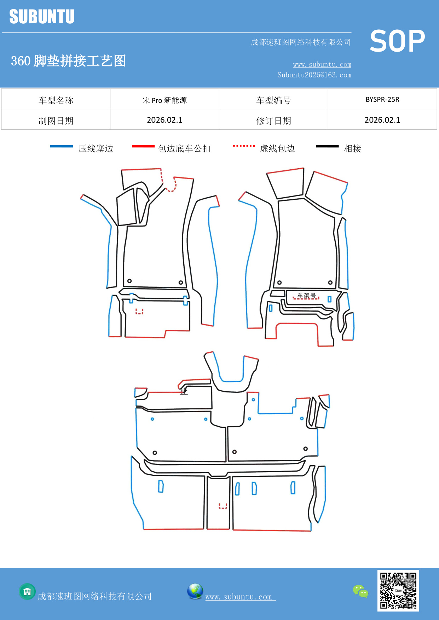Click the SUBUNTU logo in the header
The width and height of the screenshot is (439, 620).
click(x=42, y=17)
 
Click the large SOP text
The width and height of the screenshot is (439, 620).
click(x=397, y=41)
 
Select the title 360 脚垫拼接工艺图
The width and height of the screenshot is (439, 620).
click(x=68, y=61)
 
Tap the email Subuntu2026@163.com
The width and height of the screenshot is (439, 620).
click(x=314, y=75)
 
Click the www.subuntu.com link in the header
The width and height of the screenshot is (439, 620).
click(x=322, y=64)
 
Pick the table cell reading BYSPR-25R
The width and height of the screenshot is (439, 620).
click(x=382, y=99)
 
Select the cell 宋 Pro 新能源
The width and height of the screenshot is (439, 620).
click(x=164, y=100)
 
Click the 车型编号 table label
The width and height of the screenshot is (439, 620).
click(x=273, y=100)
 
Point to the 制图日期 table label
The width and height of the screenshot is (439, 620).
click(x=56, y=121)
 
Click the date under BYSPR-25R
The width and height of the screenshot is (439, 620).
click(x=382, y=120)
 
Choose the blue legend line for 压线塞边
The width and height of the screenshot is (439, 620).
click(x=62, y=146)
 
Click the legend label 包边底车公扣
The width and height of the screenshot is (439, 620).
click(x=184, y=148)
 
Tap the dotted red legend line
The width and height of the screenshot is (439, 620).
click(x=244, y=146)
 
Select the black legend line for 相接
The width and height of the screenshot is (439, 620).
click(x=327, y=146)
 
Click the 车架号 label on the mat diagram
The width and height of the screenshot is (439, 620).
click(x=306, y=296)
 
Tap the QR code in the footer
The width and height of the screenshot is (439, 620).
click(x=398, y=591)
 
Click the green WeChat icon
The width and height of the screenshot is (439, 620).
click(x=360, y=591)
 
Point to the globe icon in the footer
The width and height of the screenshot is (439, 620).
click(x=195, y=591)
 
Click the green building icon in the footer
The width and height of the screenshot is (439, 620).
click(x=27, y=591)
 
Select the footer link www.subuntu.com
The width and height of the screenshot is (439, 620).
click(x=239, y=597)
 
